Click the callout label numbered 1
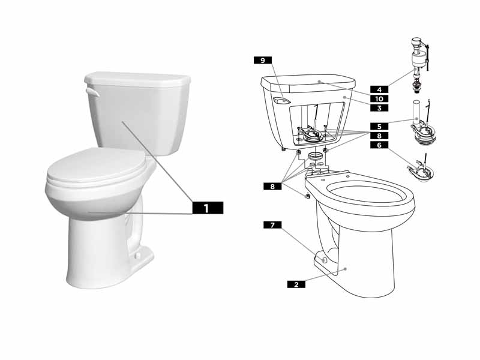(207, 208)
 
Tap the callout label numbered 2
(296, 284)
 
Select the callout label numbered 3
(379, 108)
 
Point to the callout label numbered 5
(379, 127)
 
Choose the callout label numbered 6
(379, 145)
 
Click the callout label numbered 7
(272, 225)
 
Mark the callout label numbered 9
(262, 60)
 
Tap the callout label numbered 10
(379, 98)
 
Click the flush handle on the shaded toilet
(91, 93)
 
